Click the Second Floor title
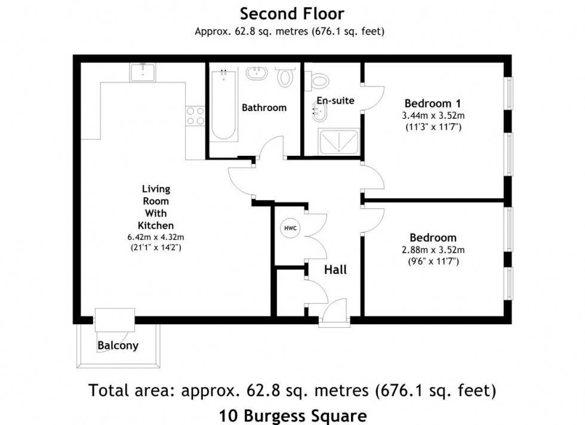pos(292,13)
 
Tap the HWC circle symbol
pos(290,228)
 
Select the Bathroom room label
pos(264,108)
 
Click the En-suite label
pos(335,100)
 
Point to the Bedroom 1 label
pos(433,103)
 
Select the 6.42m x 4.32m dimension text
pos(155,236)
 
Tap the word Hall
pos(335,270)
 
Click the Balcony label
pos(118,346)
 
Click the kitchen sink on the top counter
pos(143,72)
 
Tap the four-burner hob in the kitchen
pos(195,115)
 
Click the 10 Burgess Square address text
pos(292,414)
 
